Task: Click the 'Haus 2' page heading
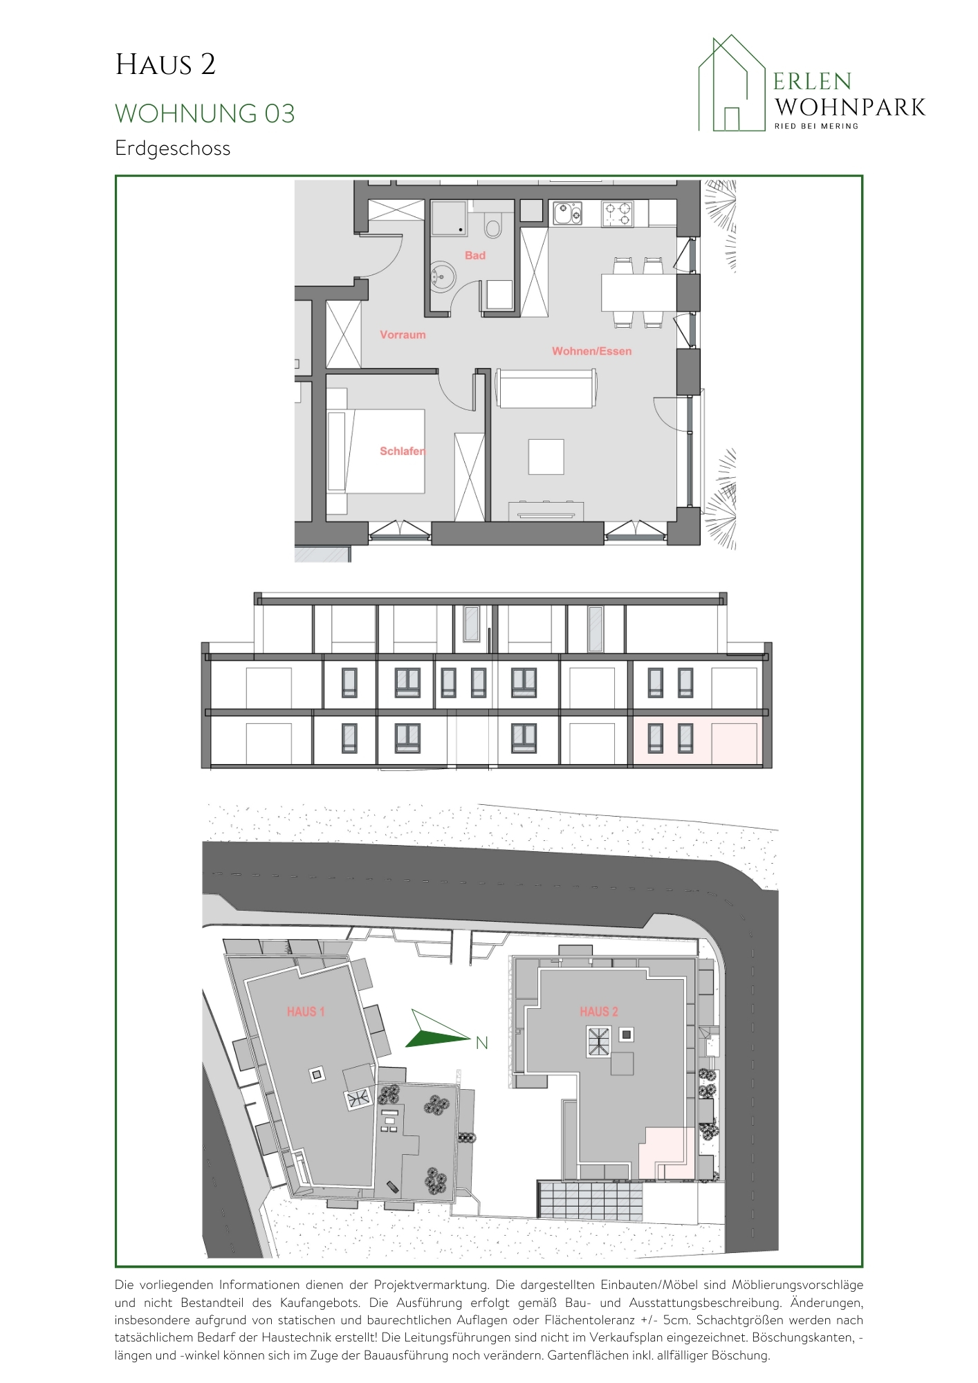(x=165, y=65)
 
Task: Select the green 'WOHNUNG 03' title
(x=205, y=113)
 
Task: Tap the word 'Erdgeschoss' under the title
(x=172, y=149)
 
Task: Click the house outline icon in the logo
(x=732, y=83)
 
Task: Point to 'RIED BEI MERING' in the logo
(x=816, y=126)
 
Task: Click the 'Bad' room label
(x=475, y=255)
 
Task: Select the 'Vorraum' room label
(x=403, y=335)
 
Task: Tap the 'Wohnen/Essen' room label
(x=591, y=351)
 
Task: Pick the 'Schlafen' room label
(x=402, y=451)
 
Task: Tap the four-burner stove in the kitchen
(x=618, y=214)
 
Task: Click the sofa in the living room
(x=546, y=389)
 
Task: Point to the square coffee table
(x=546, y=456)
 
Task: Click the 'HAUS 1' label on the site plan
(x=306, y=1012)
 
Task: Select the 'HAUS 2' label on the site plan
(x=599, y=1012)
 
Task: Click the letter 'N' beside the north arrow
(x=482, y=1043)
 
